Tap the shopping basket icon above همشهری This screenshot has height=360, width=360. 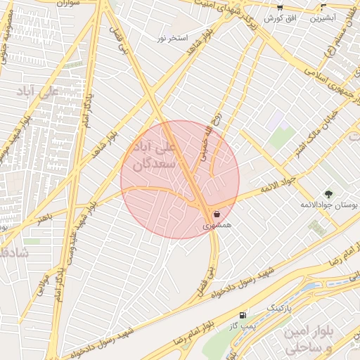click(x=216, y=213)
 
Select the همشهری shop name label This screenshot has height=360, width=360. click(x=216, y=227)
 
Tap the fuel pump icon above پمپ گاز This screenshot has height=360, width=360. click(x=243, y=316)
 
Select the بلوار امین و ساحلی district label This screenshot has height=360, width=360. click(x=313, y=339)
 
